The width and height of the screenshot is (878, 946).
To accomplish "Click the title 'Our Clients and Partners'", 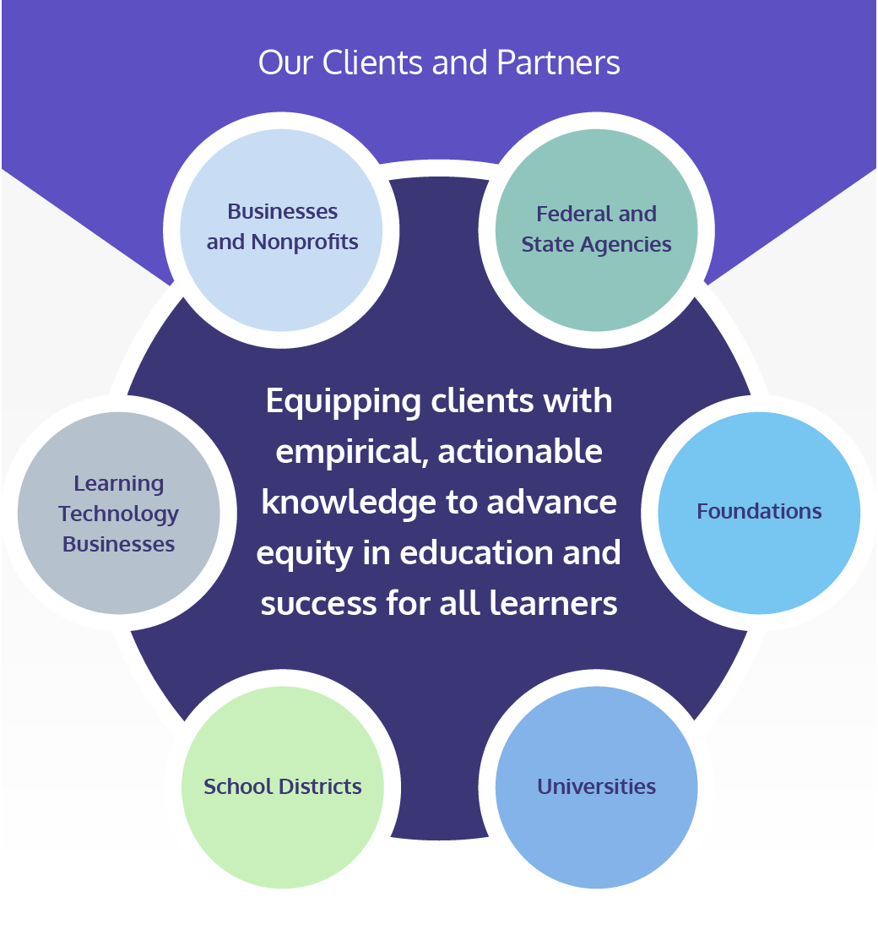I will pos(439,63).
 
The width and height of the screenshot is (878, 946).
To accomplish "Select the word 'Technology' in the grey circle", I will pos(119,514).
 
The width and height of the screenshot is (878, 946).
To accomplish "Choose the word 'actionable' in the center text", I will pos(520,453).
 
